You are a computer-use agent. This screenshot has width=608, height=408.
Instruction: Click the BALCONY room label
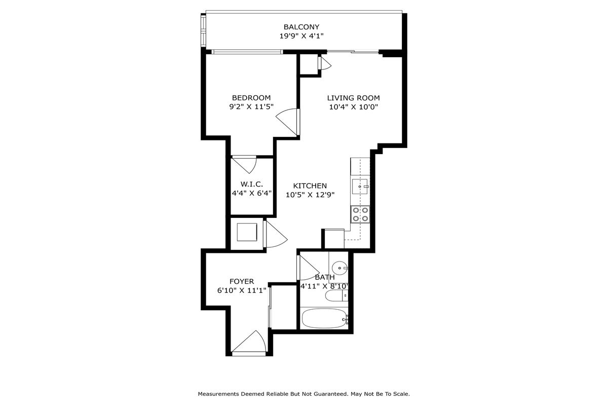click(301, 27)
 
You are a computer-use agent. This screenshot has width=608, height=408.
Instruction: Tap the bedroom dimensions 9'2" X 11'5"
click(251, 106)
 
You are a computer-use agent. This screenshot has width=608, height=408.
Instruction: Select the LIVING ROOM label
click(354, 98)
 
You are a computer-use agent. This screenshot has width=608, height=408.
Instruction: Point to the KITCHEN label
click(310, 186)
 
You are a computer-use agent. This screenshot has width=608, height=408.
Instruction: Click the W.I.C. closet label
click(252, 184)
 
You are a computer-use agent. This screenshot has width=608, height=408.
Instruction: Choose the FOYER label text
click(242, 281)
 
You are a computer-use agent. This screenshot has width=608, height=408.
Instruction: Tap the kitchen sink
click(360, 187)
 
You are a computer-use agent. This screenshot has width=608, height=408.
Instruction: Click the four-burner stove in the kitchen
click(360, 214)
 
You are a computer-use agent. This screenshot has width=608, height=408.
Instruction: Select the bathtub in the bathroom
click(325, 319)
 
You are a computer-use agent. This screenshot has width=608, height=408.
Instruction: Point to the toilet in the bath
click(336, 295)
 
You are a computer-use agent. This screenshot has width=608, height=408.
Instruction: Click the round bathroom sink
click(339, 268)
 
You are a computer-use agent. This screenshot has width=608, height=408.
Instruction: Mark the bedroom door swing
click(288, 122)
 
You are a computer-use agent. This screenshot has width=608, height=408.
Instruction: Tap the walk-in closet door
click(244, 165)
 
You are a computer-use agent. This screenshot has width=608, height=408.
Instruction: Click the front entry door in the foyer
click(249, 343)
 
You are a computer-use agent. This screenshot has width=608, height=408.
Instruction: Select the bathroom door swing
click(308, 268)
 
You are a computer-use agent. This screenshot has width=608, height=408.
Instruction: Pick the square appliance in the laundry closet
click(247, 232)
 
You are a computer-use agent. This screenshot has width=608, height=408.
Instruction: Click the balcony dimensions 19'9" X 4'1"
click(301, 36)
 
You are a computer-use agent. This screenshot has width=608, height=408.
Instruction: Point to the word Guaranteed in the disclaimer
click(331, 394)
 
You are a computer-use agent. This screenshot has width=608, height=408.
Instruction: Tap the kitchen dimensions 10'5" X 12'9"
click(310, 195)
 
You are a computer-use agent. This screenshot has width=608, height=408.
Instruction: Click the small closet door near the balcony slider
click(325, 63)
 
